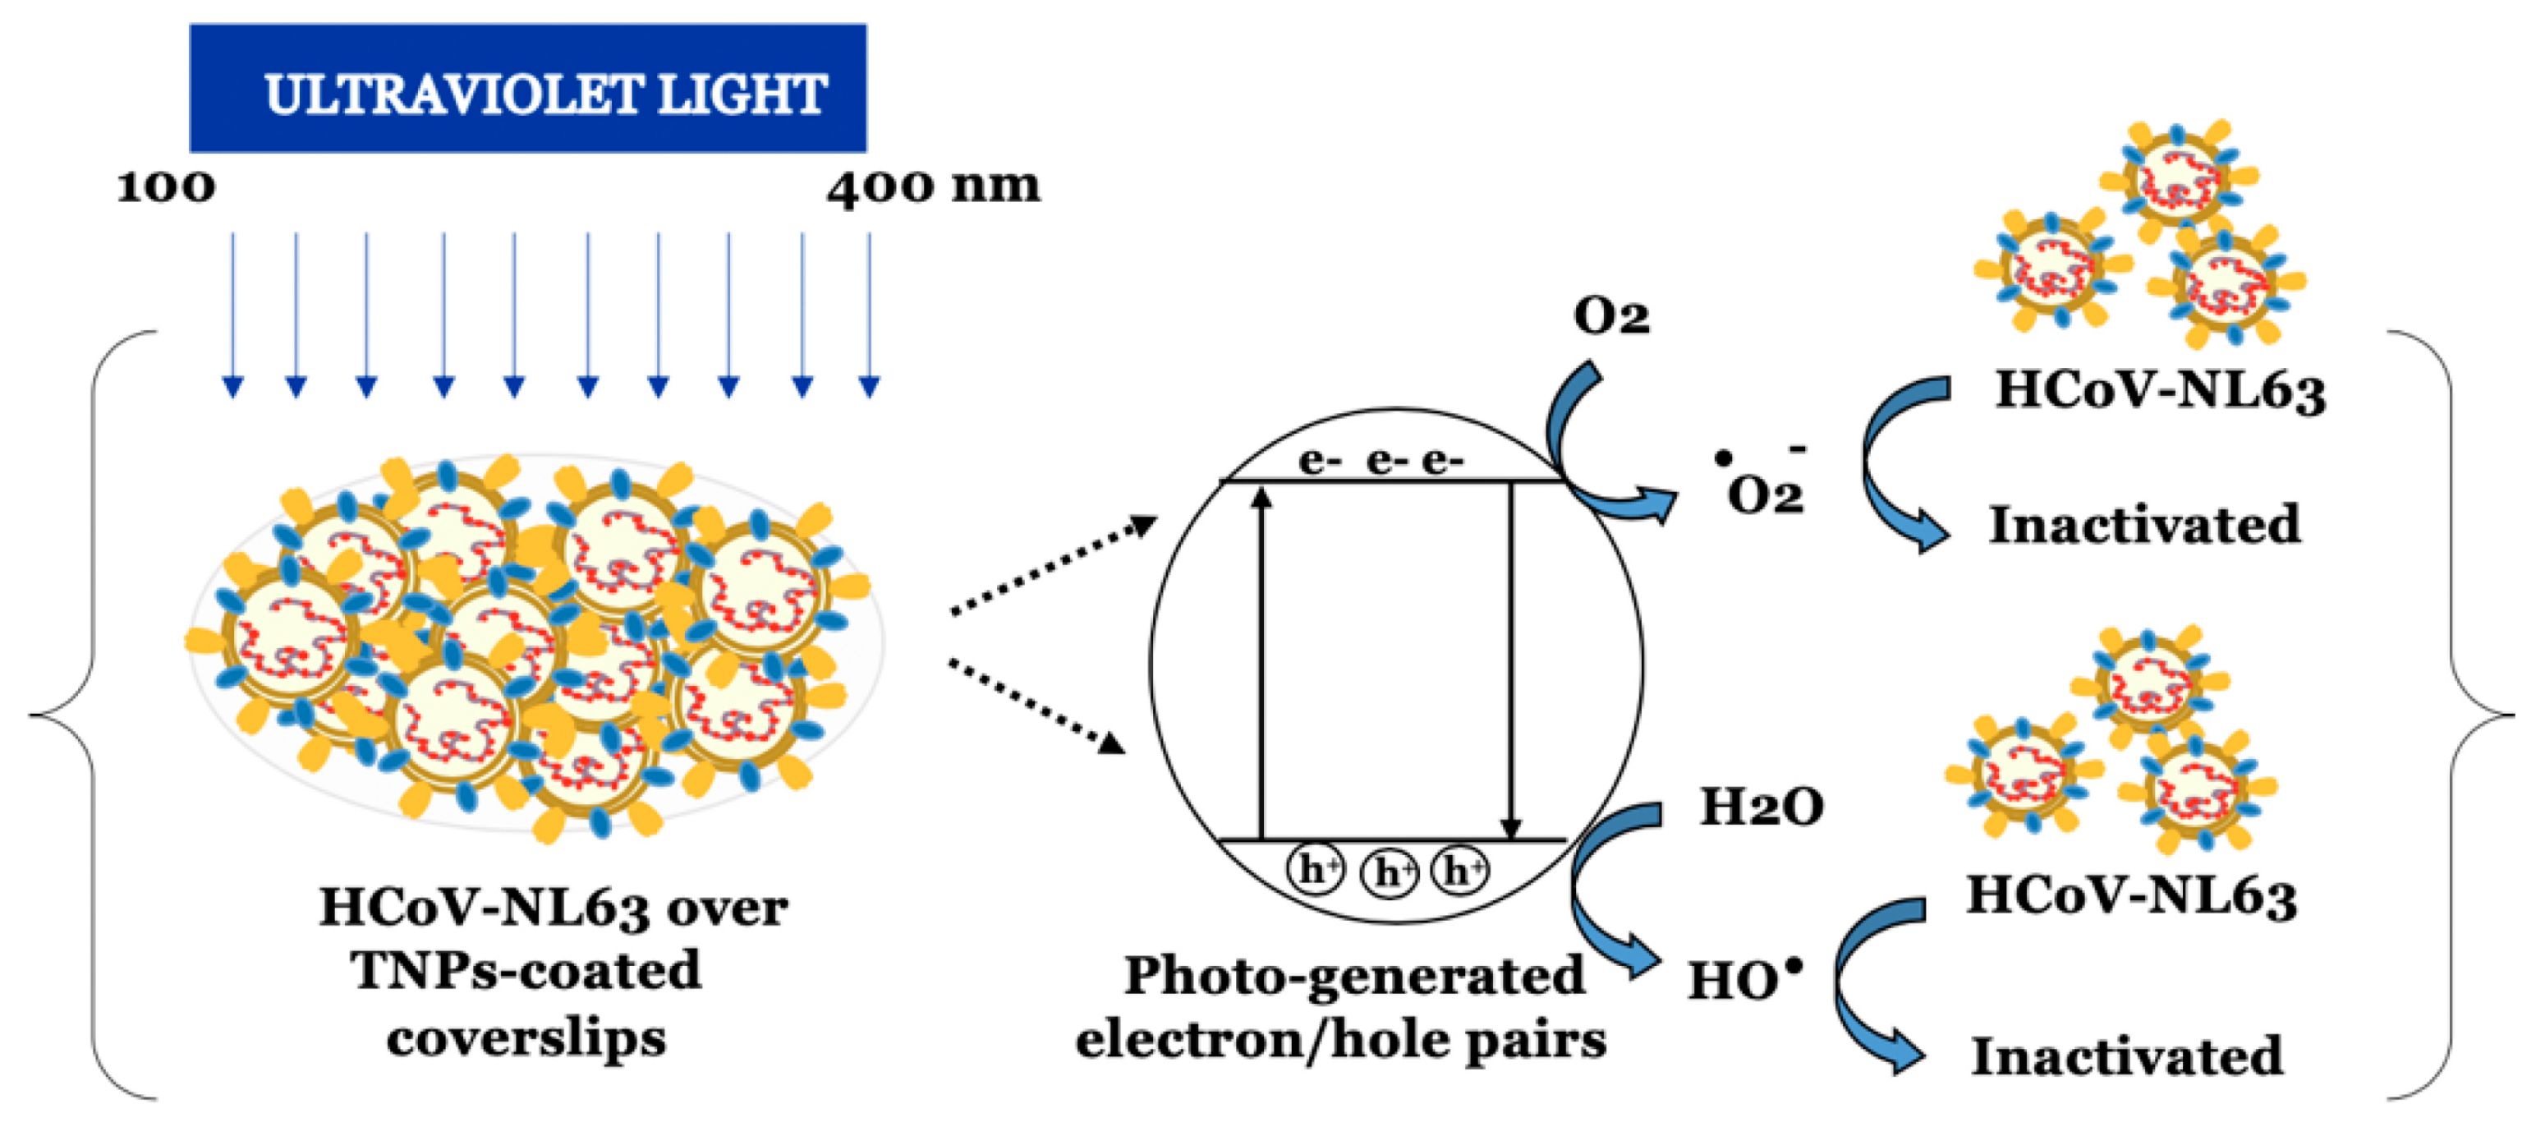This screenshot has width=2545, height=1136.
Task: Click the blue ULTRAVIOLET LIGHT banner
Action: (527, 89)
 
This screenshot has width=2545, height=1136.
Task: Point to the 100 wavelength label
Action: (166, 186)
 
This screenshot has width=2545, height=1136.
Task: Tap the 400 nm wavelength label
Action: (933, 186)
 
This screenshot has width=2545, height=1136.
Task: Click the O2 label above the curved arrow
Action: (1610, 316)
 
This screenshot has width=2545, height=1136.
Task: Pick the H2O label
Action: (1761, 807)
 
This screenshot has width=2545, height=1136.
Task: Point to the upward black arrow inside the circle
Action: (1261, 662)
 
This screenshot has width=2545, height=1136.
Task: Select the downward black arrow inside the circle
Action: (1509, 662)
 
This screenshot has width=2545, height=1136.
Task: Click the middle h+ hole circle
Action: (1389, 872)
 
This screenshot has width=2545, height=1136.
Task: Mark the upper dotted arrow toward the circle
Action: (1052, 565)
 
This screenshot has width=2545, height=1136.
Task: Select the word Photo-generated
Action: (1354, 976)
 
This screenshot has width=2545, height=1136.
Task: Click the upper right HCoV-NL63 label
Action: (2161, 390)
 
